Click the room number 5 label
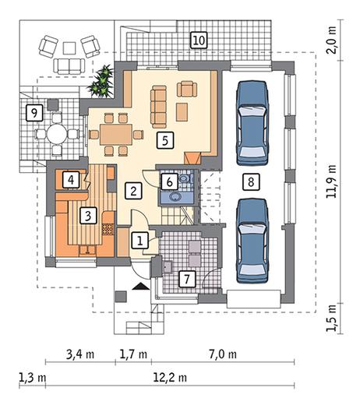[x=165, y=140]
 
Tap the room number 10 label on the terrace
[x=199, y=40]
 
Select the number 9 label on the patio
[x=34, y=113]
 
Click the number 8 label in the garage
[x=251, y=181]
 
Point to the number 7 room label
[x=186, y=279]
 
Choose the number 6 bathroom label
[x=169, y=181]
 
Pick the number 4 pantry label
[x=71, y=180]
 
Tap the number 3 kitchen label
[x=88, y=215]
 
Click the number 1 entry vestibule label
[x=140, y=240]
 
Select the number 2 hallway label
[x=133, y=191]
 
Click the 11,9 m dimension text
[x=331, y=181]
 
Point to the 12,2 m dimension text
[x=170, y=378]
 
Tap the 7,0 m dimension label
[x=223, y=354]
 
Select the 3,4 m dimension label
[x=80, y=354]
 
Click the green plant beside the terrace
[x=101, y=81]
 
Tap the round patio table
[x=57, y=134]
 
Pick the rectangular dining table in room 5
[x=116, y=134]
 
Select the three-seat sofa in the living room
[x=158, y=107]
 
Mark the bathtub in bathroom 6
[x=177, y=197]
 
